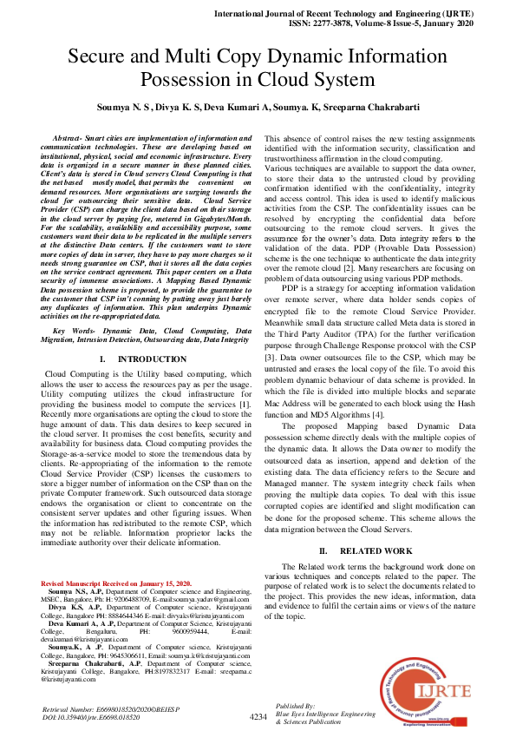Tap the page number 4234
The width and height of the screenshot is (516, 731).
[258, 717]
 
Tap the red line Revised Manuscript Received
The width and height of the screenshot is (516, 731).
[116, 583]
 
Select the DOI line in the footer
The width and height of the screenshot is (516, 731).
[93, 718]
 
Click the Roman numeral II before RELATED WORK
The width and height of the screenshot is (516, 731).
[323, 550]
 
